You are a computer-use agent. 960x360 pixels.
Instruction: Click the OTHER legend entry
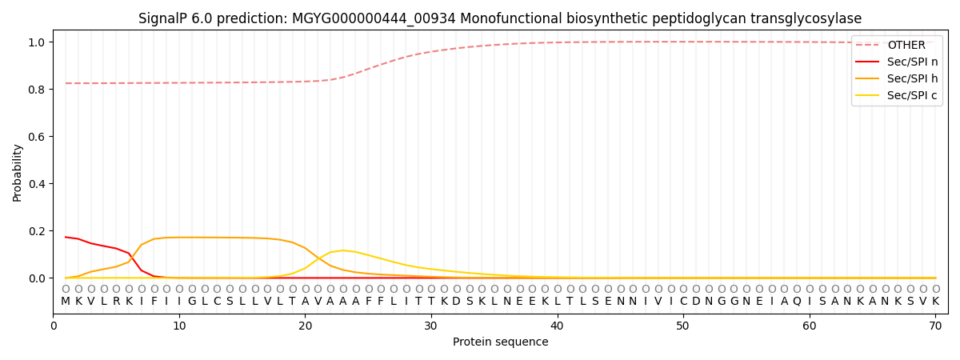(x=897, y=45)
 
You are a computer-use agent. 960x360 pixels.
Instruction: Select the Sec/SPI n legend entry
(x=897, y=62)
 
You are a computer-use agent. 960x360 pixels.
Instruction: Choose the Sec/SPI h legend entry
(x=897, y=78)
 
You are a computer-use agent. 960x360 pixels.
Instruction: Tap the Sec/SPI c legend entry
(x=897, y=95)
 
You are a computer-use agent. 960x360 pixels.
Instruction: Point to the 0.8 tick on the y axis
(x=38, y=89)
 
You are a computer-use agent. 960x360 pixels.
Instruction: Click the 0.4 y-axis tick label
(x=38, y=184)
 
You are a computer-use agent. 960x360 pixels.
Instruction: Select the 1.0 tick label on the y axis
(x=38, y=42)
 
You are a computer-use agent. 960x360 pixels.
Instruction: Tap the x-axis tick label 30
(x=430, y=326)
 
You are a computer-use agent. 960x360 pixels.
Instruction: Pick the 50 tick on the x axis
(x=682, y=326)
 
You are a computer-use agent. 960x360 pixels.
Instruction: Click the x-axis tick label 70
(x=935, y=326)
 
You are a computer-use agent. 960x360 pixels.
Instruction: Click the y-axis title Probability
(x=17, y=173)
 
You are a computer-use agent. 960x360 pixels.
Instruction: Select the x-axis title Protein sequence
(x=501, y=342)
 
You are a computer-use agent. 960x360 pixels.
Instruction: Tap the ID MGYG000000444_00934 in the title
(x=374, y=19)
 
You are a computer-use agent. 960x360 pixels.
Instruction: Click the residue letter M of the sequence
(x=66, y=302)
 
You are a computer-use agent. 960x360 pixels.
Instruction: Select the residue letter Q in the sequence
(x=797, y=302)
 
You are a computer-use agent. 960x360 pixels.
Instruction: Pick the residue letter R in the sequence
(x=116, y=302)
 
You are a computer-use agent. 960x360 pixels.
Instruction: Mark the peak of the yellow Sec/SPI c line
(x=343, y=250)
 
